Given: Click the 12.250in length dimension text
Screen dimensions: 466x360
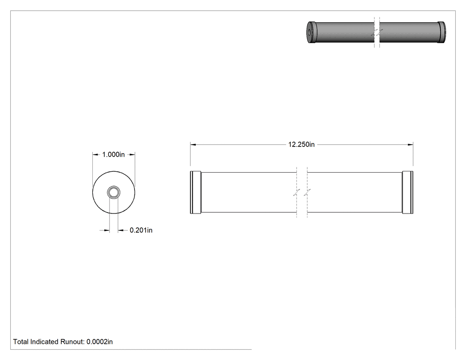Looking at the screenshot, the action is (301, 144).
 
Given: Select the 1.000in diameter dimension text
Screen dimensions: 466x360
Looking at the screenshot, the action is (114, 154).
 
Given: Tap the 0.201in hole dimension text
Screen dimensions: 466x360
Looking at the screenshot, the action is (141, 230).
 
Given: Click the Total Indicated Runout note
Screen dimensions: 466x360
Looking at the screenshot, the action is (63, 341).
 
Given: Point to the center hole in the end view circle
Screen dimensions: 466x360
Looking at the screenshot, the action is (113, 192).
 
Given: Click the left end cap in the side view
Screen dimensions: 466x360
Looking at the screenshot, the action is (196, 192).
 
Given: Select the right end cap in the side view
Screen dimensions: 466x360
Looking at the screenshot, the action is (407, 192).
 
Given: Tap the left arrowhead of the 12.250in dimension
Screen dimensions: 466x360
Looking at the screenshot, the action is (193, 144).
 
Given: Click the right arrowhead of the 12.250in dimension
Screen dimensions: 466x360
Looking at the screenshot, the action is (411, 144).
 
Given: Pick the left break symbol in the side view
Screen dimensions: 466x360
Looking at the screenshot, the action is (296, 192).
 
